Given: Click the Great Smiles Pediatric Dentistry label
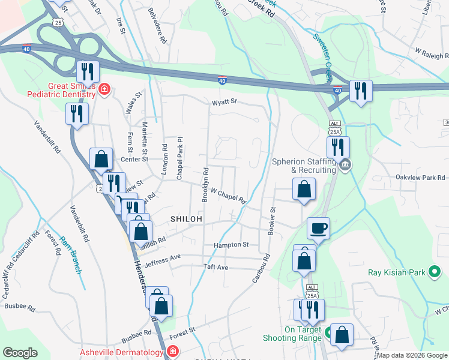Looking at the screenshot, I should click(61, 89).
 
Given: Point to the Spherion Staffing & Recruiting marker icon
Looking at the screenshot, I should click(345, 166).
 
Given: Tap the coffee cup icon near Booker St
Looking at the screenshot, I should click(318, 228).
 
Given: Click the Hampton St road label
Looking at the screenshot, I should click(231, 245).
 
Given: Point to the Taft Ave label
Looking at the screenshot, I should click(215, 266).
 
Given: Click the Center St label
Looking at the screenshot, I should click(134, 159).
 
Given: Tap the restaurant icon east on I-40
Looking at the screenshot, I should click(361, 91).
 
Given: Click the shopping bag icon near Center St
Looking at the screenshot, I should click(101, 160).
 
